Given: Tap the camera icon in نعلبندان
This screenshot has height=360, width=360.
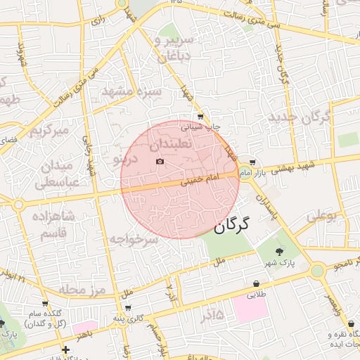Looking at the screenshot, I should (160, 162).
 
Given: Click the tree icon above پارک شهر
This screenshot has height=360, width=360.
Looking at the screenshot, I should (281, 251).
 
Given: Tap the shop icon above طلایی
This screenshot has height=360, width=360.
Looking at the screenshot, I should (256, 284).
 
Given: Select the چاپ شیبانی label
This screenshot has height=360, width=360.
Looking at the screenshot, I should (201, 127).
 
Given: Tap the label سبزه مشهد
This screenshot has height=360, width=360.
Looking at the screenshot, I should (131, 92).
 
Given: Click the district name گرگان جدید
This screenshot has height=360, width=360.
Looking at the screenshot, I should (299, 117).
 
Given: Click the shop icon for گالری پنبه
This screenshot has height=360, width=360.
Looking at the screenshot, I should (127, 307).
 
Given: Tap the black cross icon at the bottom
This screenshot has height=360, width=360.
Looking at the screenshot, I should (65, 349).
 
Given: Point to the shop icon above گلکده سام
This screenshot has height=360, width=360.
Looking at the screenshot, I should (45, 304).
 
